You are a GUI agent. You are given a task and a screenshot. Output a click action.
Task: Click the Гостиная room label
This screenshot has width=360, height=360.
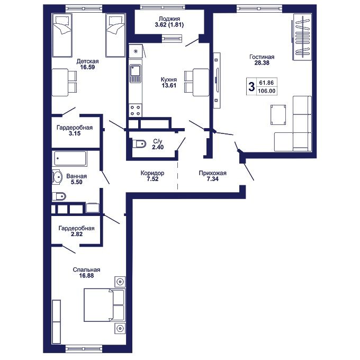[262, 57]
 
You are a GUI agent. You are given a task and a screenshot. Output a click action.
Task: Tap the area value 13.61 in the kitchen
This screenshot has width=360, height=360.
[169, 85]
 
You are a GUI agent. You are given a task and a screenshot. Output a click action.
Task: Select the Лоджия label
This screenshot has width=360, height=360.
[169, 19]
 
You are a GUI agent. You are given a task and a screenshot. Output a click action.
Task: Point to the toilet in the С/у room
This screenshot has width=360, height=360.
[139, 144]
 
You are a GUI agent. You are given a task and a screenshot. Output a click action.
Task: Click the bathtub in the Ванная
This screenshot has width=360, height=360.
[70, 158]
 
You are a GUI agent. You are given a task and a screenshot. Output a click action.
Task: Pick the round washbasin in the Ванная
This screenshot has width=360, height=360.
[57, 177]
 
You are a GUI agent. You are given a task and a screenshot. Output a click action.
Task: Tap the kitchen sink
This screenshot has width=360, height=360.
[135, 73]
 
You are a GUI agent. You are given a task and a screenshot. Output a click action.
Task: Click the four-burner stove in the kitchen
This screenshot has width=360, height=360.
[135, 111]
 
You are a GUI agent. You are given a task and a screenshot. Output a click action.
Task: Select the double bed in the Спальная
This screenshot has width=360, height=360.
[104, 304]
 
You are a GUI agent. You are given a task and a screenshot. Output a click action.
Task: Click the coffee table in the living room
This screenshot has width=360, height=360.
[278, 115]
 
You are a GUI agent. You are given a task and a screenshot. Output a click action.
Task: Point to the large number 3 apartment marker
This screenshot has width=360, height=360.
[252, 87]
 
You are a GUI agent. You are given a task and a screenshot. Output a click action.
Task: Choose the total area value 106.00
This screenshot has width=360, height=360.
[266, 91]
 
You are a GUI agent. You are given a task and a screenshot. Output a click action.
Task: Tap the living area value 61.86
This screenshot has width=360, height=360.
[266, 83]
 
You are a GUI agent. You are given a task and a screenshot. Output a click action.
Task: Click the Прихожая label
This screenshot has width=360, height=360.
[213, 173]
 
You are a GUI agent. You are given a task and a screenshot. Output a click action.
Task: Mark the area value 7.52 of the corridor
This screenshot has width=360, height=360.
[152, 179]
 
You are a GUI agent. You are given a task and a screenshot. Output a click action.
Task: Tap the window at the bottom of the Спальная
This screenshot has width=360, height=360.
[84, 349]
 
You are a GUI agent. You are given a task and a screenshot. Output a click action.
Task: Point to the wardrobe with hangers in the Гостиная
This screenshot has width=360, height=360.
[302, 37]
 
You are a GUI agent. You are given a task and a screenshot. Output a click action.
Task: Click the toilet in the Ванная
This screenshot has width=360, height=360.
[59, 196]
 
